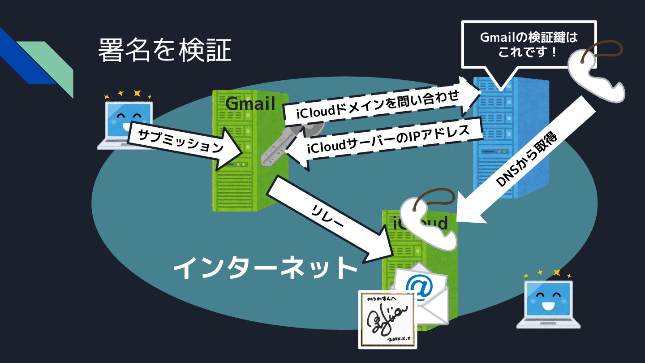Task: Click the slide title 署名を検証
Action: [164, 50]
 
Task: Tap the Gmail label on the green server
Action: [250, 104]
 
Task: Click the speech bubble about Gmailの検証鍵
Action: [529, 44]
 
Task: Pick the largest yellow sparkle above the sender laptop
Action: [137, 93]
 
